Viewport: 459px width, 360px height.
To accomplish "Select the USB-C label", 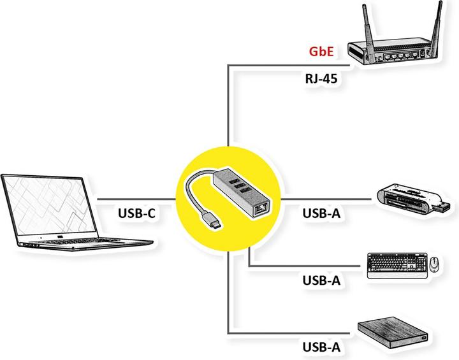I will click(136, 213).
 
